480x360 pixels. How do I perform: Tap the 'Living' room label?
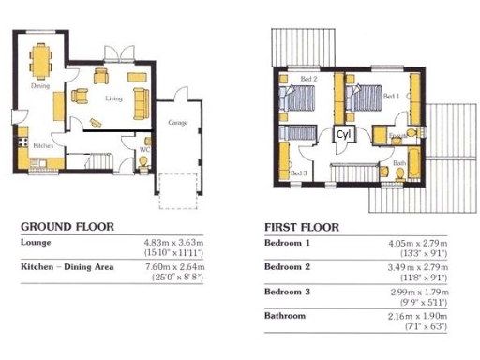coord(113,97)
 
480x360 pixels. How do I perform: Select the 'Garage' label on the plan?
coord(175,123)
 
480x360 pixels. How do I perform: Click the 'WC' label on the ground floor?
coord(144,149)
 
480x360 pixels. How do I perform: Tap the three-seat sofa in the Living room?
coord(141,99)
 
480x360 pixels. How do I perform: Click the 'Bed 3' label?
coord(298,172)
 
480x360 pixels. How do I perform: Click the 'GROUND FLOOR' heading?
coord(67,227)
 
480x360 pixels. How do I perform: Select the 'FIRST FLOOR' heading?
coord(302,227)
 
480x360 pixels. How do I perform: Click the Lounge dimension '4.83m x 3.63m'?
coord(174,242)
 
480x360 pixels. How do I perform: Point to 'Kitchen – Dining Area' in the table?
coord(67,267)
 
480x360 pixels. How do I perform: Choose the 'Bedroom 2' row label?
coord(287,267)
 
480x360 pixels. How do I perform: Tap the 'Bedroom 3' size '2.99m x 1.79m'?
coord(419,292)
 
